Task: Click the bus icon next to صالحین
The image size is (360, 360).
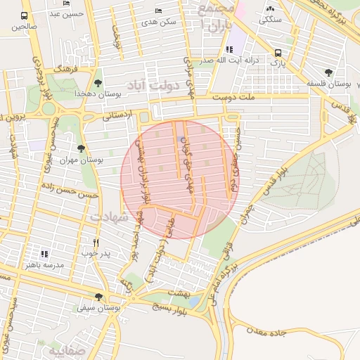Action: pyautogui.click(x=25, y=15)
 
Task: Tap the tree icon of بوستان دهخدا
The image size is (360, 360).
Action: pyautogui.click(x=98, y=84)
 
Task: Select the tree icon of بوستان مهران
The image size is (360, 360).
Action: pyautogui.click(x=82, y=148)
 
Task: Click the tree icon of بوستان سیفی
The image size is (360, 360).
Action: pyautogui.click(x=98, y=297)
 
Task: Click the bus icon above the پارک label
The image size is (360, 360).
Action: pyautogui.click(x=278, y=53)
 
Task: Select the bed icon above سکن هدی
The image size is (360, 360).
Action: pyautogui.click(x=158, y=11)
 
